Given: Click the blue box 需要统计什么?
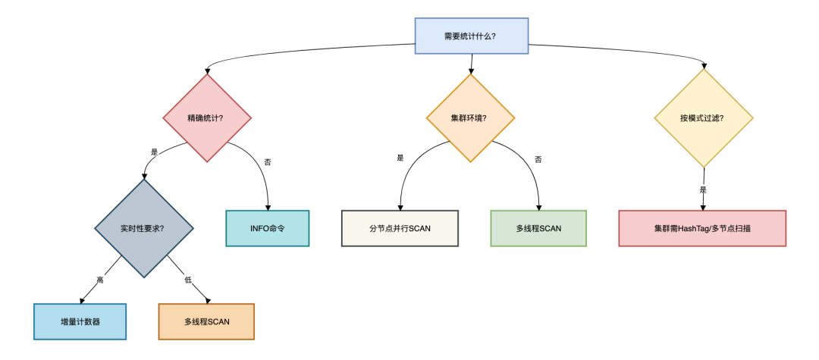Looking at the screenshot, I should click(470, 36).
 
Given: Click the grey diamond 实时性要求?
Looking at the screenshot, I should click(143, 227).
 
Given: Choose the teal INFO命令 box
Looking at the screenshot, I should click(268, 228).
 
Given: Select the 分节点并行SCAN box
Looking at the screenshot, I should click(400, 228).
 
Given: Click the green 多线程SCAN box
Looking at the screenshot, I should click(538, 228).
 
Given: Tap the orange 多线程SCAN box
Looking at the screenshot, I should click(206, 321).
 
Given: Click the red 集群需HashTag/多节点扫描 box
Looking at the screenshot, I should click(702, 228).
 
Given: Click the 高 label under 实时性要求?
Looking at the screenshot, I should click(100, 280).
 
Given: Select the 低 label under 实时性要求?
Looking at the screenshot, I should click(188, 280).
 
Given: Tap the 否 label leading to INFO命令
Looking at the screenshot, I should click(267, 162).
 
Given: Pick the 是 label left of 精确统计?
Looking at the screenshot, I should click(155, 152).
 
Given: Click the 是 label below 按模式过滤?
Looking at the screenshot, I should click(703, 190).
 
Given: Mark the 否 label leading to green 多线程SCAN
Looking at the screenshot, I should click(538, 159).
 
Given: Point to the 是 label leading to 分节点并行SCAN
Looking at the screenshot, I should click(400, 158).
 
